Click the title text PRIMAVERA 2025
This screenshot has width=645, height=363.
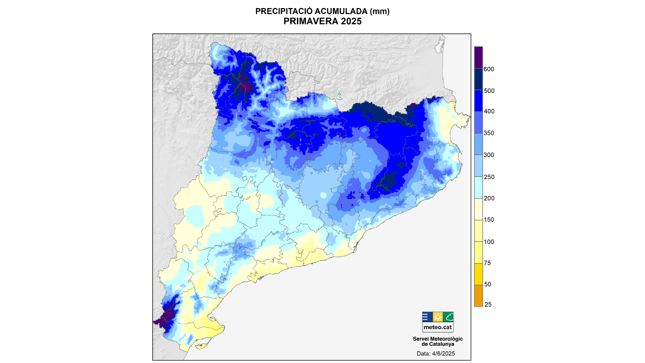point(322,21)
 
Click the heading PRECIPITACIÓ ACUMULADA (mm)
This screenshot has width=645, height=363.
point(322,11)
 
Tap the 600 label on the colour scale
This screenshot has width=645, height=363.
point(489,69)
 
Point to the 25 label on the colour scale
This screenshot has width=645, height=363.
point(488,305)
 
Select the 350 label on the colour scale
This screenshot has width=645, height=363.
point(489,133)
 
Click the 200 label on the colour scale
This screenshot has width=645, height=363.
point(489,198)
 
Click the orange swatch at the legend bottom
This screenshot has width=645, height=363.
point(478,295)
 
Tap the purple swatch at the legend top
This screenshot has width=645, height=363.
point(478,57)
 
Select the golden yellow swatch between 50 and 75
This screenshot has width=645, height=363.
point(478,274)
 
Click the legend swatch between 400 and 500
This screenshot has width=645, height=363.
point(478,101)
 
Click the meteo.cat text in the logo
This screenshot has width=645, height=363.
point(437,327)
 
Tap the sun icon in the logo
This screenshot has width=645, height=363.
point(437,317)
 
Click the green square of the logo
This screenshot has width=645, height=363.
point(448,317)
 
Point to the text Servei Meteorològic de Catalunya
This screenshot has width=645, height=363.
point(437,341)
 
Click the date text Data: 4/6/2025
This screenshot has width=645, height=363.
point(436,354)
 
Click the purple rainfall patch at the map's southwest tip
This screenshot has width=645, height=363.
point(164,318)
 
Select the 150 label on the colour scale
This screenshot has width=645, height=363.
point(489,220)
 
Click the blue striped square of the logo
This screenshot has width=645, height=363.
point(427,317)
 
